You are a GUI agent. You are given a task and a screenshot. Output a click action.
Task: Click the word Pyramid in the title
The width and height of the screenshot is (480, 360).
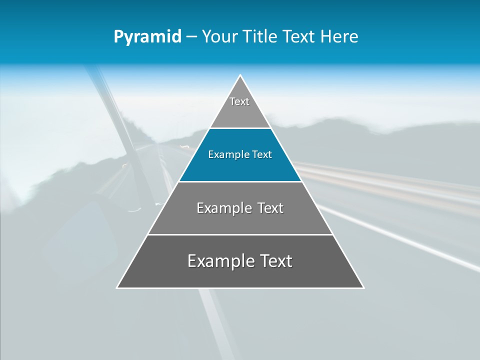click(147, 37)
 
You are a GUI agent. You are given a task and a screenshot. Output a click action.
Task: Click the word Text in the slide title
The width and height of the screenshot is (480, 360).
click(299, 36)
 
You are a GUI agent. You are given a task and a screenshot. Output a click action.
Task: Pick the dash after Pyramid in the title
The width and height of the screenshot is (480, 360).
click(191, 37)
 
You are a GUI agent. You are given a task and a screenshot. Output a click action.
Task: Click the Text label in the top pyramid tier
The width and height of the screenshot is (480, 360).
click(239, 101)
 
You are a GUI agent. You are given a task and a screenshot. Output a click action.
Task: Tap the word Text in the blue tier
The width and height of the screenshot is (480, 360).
click(262, 154)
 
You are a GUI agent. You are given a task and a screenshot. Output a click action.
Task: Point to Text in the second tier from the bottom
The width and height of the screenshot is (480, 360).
click(270, 208)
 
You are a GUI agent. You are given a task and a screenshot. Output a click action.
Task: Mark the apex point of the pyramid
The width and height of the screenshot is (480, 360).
click(240, 75)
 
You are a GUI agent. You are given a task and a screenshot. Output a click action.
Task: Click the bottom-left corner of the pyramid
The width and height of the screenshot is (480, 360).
click(117, 287)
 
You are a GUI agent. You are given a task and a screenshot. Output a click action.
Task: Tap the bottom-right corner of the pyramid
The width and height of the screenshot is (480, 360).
click(363, 287)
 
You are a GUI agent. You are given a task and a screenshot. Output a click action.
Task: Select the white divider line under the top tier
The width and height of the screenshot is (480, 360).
click(240, 128)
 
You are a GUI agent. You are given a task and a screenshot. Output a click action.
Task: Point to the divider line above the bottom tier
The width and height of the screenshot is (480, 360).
click(240, 234)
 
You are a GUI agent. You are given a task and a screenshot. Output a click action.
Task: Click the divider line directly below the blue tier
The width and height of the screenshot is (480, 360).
click(240, 181)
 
